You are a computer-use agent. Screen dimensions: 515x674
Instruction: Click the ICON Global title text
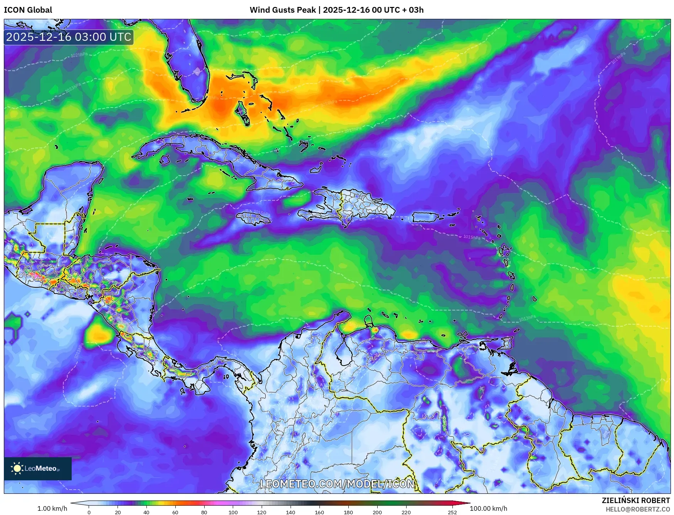pos(28,10)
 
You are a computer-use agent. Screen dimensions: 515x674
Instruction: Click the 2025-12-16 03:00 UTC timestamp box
pos(69,37)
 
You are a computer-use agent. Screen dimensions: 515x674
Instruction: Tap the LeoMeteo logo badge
pos(38,468)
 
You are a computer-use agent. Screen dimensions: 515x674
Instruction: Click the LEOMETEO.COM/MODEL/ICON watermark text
pos(337,484)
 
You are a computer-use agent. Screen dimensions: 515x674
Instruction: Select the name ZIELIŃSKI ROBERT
pos(635,500)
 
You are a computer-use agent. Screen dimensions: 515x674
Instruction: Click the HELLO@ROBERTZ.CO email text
pos(637,509)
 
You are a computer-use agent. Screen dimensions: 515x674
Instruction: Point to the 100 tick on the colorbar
pos(233,512)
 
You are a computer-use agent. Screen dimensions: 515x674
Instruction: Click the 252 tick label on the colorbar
pos(452,512)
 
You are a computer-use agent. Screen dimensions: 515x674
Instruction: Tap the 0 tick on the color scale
pos(89,512)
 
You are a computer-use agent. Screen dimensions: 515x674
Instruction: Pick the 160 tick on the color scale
pos(319,512)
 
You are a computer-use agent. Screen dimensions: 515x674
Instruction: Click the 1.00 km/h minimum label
pos(52,508)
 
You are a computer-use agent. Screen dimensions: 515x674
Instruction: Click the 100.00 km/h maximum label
pos(488,508)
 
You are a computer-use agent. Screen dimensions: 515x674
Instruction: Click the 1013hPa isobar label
pos(527,319)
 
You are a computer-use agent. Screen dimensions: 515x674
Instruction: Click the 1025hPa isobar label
pos(79,55)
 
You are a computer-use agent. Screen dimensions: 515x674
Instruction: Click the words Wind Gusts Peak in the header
pos(282,10)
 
